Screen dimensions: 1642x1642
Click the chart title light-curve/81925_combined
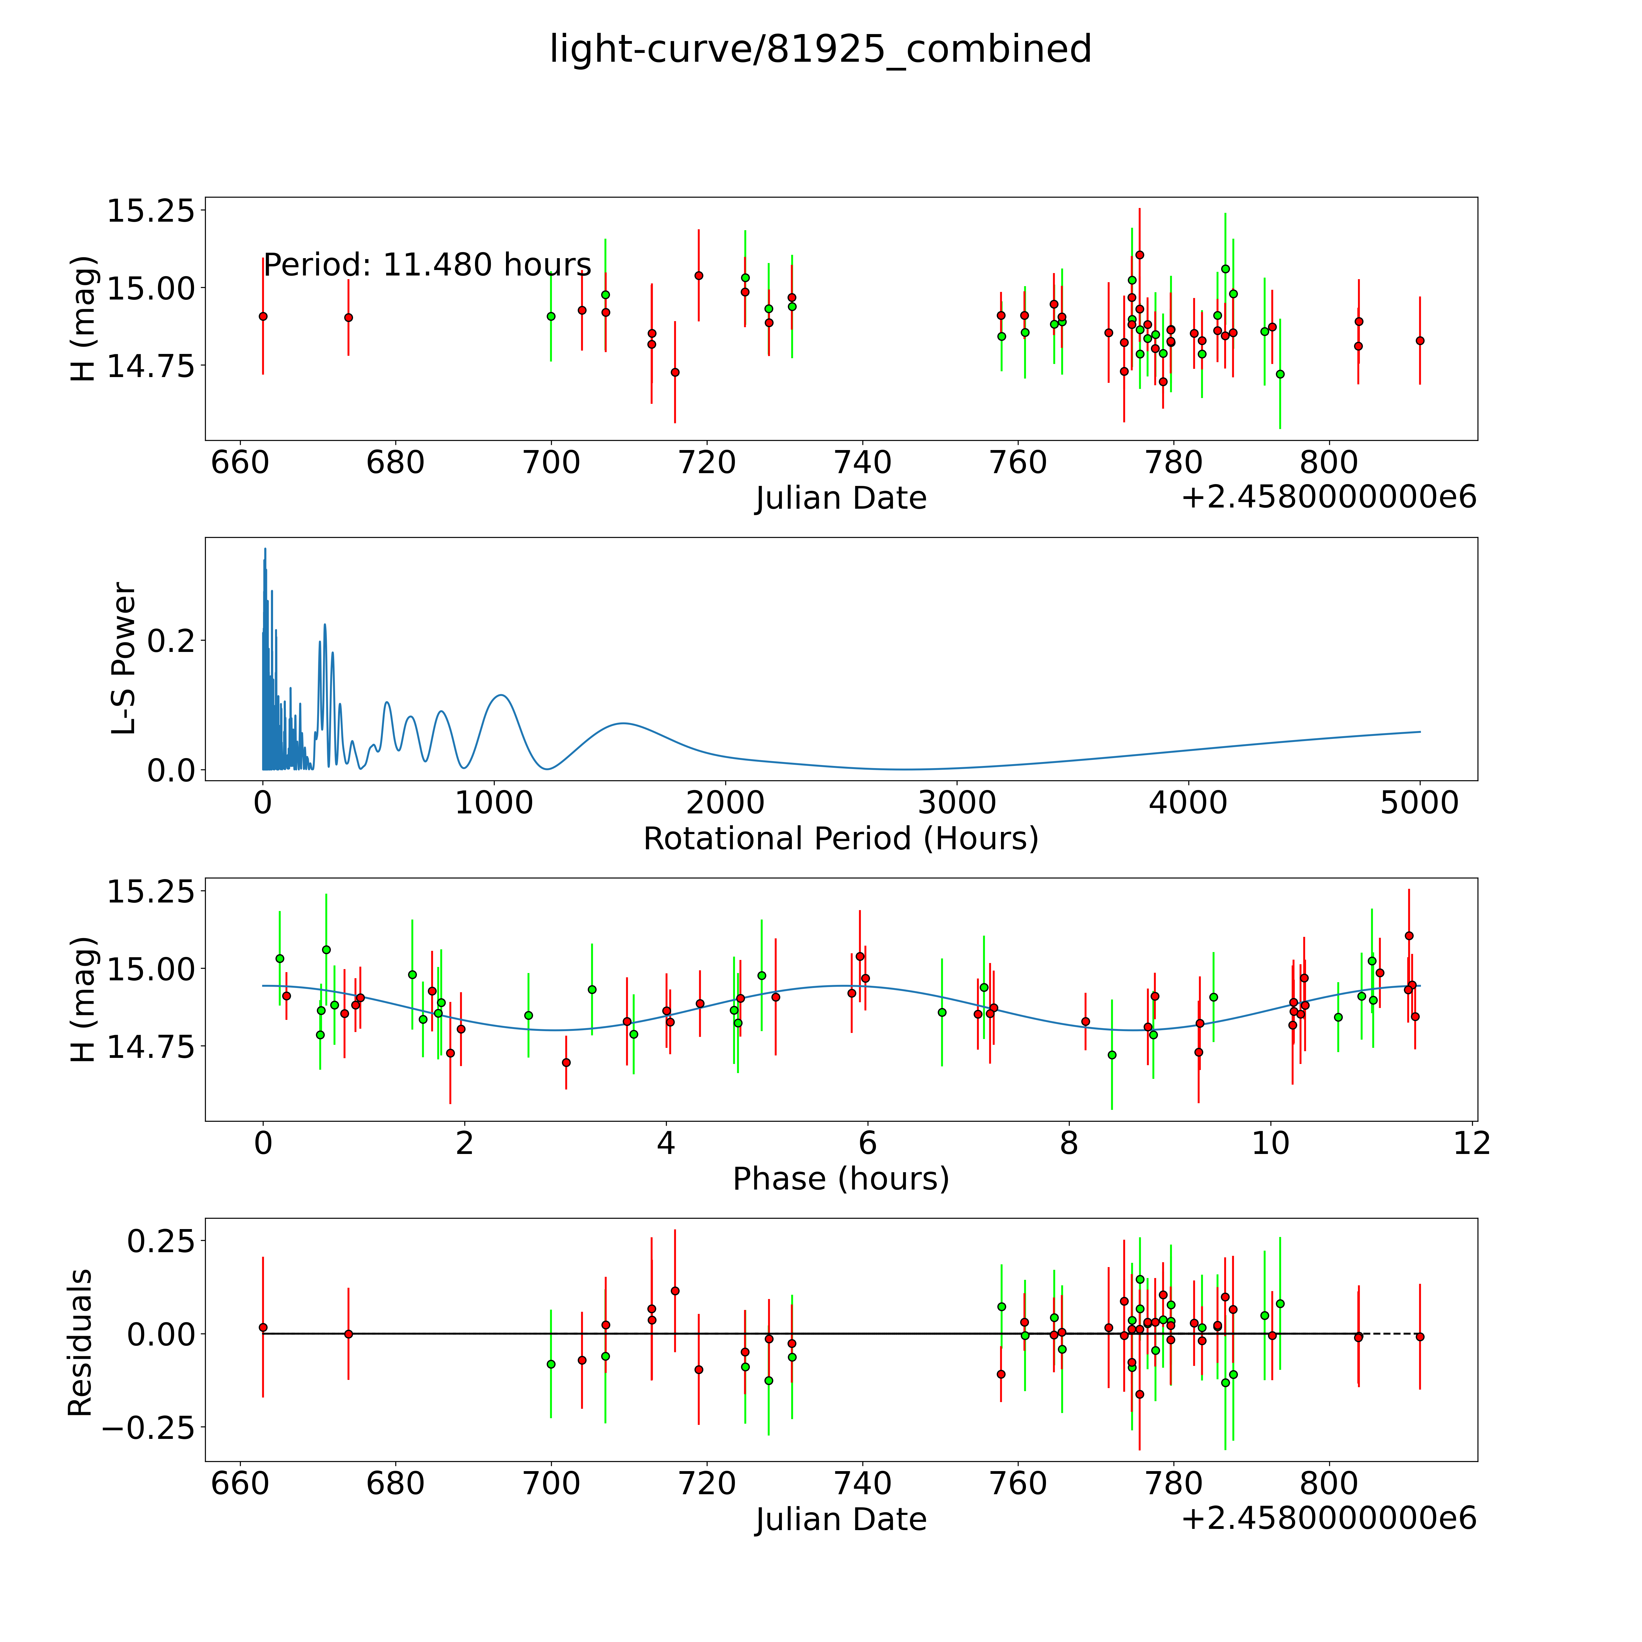tap(820, 49)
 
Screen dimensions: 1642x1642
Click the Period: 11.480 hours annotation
tap(427, 265)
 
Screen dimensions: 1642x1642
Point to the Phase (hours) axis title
tap(840, 1179)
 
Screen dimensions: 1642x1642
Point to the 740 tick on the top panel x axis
tap(863, 463)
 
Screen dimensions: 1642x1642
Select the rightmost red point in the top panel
tap(1419, 341)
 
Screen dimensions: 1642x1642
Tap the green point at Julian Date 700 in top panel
tap(551, 316)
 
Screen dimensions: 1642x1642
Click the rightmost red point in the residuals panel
tap(1419, 1337)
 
